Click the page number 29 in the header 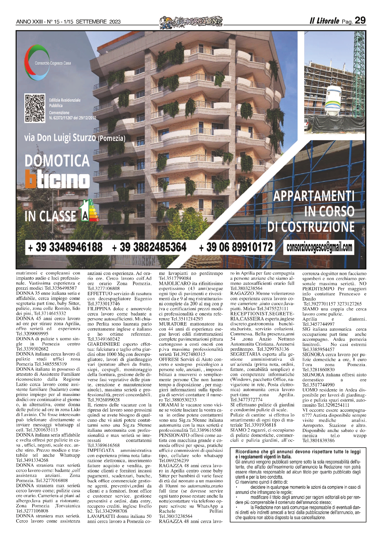coord(360,20)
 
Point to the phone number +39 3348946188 coord(65,247)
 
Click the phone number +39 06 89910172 coord(236,247)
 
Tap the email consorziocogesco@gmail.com coord(319,247)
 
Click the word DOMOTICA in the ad coord(57,161)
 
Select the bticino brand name coord(57,179)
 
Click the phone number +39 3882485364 coord(149,247)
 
